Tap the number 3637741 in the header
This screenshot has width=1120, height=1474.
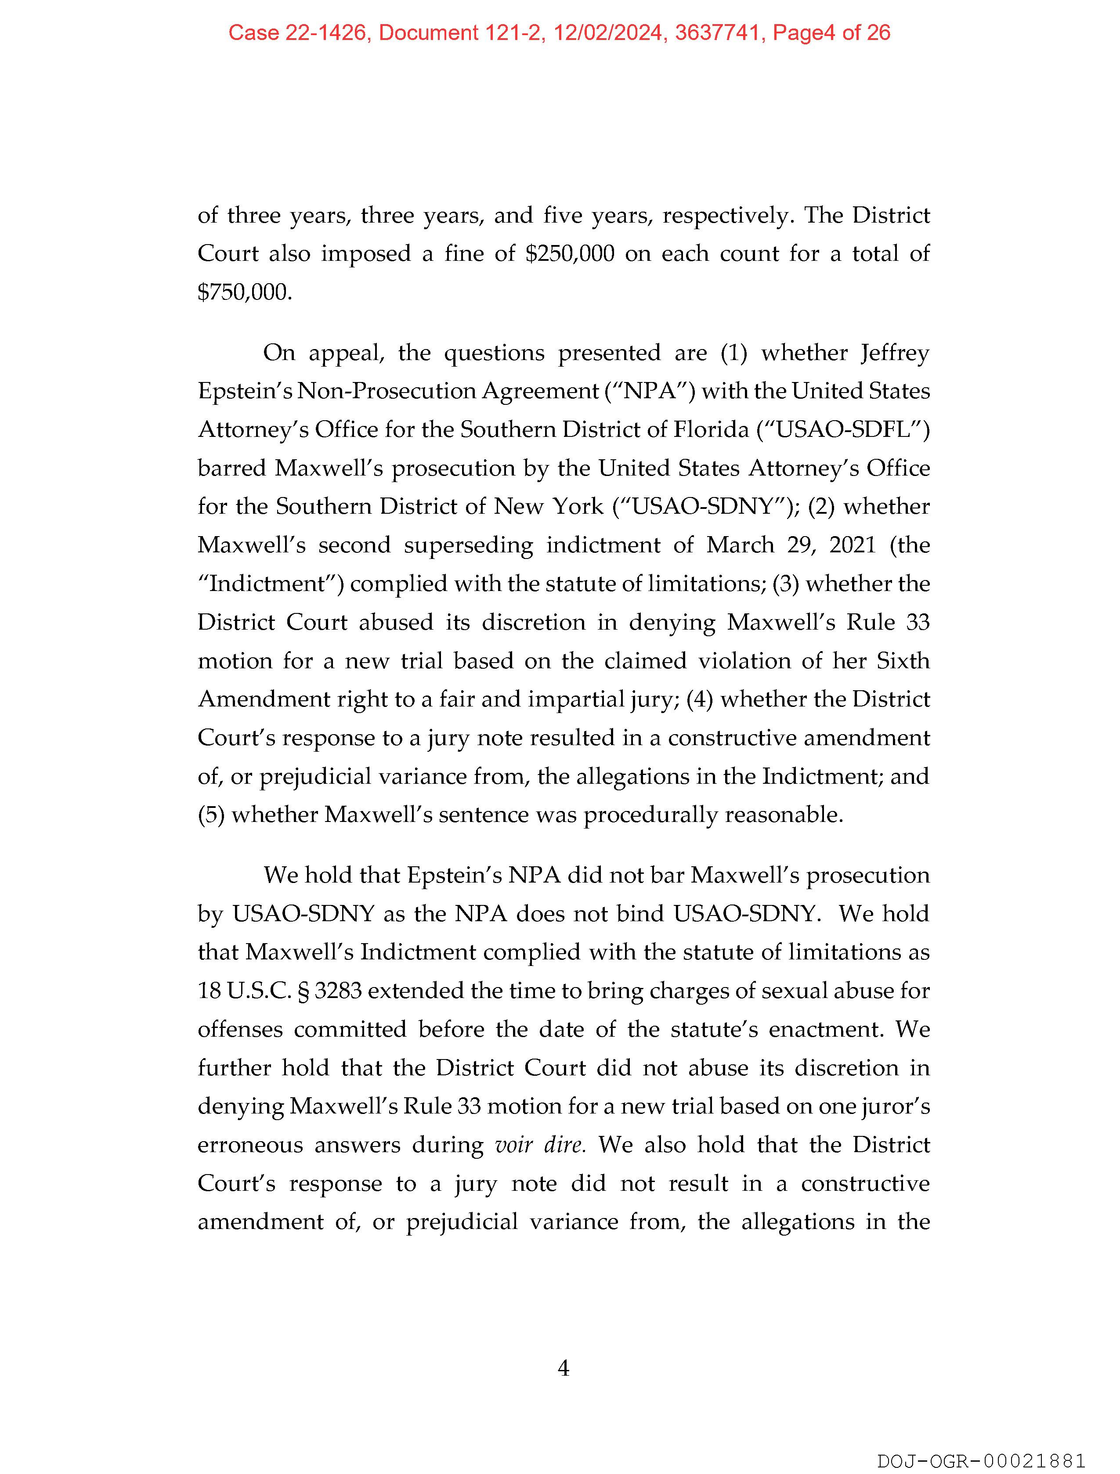(719, 32)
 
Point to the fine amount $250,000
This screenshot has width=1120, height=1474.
(570, 254)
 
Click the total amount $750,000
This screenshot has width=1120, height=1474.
(244, 292)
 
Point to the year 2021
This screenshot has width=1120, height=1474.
(852, 545)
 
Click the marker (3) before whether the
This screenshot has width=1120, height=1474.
(785, 584)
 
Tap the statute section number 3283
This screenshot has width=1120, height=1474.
(338, 991)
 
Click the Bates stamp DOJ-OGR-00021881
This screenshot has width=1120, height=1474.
(981, 1461)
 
